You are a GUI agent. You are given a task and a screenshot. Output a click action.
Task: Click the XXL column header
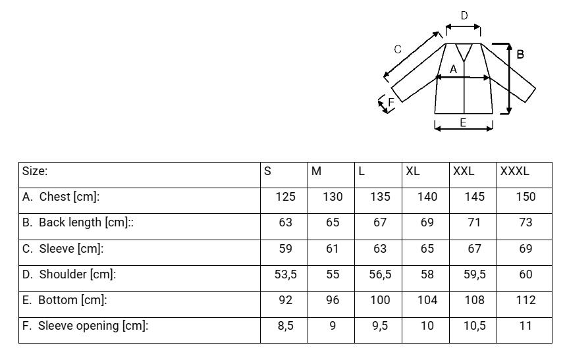[464, 171]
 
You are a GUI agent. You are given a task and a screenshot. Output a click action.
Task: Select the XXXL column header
[514, 171]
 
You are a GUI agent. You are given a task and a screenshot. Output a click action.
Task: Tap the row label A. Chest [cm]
[61, 197]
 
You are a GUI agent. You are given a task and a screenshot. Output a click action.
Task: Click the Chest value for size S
[285, 197]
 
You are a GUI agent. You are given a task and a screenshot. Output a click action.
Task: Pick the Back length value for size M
[333, 222]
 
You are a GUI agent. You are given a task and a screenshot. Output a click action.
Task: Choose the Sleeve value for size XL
[427, 249]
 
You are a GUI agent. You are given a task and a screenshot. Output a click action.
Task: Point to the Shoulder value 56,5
[380, 274]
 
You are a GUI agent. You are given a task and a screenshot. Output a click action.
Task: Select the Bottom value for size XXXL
[525, 300]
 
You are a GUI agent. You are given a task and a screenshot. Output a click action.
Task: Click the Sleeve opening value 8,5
[285, 326]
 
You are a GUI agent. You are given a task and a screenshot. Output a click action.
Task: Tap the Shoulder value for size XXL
[474, 274]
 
